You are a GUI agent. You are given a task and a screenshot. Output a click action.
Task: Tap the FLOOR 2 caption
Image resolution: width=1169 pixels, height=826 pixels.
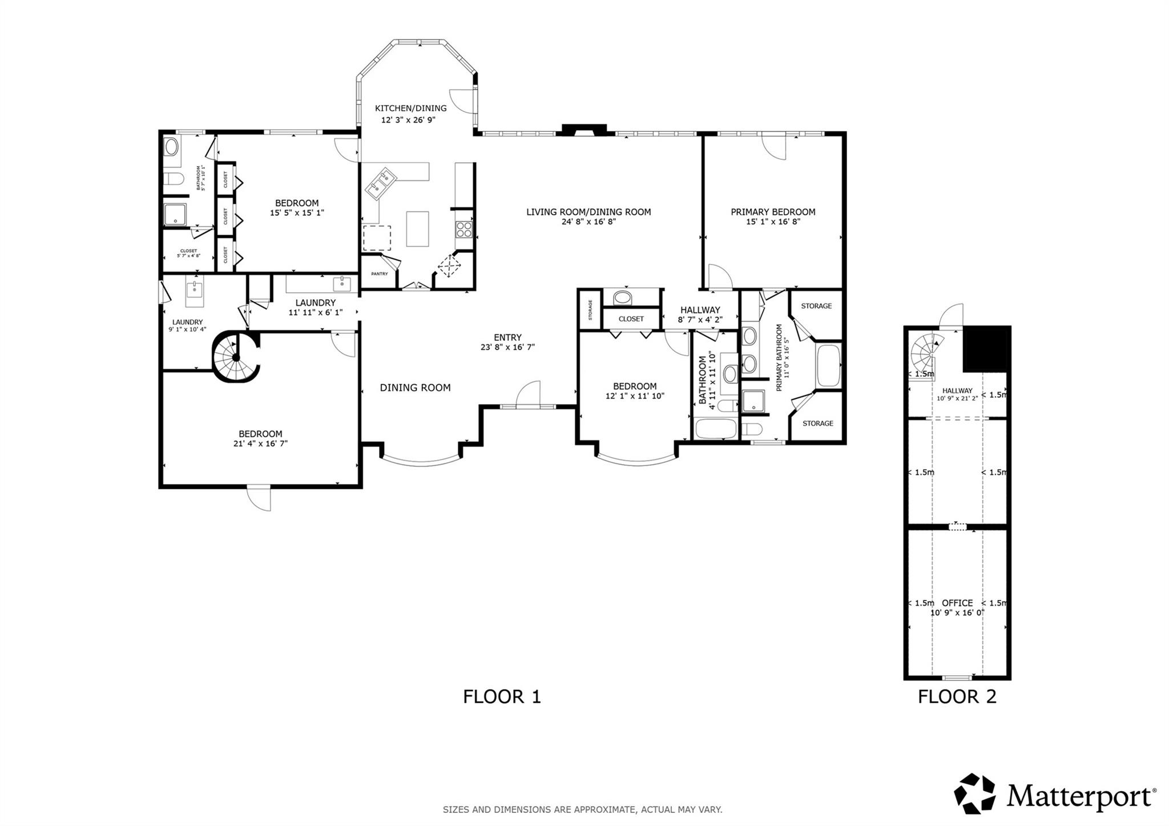[x=957, y=697]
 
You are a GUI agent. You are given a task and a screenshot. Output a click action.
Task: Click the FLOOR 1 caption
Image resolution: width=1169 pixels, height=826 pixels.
[x=501, y=697]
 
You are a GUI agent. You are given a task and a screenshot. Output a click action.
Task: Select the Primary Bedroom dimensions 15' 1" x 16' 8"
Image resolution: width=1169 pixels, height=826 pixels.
[x=773, y=221]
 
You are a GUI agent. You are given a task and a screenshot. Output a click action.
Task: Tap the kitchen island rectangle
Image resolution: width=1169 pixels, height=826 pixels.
[x=417, y=228]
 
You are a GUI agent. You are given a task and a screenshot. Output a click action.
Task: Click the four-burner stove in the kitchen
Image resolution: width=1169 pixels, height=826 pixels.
[x=463, y=229]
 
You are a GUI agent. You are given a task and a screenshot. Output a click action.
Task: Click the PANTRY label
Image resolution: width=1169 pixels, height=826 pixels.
[x=379, y=274]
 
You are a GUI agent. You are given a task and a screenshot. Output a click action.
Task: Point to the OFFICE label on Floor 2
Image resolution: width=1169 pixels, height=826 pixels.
[x=957, y=603]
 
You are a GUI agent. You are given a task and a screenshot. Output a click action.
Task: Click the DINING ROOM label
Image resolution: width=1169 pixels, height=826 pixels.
[x=415, y=388]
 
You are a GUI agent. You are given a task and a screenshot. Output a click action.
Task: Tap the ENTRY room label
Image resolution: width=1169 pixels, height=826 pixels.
[x=507, y=337]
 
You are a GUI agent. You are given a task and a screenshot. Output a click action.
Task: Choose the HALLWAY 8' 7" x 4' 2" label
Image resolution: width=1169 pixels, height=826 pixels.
[x=700, y=315]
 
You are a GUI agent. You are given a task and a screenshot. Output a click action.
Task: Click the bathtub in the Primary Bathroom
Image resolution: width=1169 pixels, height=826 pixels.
[x=828, y=365]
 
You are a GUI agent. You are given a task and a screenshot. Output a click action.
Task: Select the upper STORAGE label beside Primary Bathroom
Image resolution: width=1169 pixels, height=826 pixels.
[x=816, y=306]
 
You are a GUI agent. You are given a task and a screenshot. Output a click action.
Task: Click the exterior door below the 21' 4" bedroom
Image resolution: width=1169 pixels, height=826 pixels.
[x=259, y=498]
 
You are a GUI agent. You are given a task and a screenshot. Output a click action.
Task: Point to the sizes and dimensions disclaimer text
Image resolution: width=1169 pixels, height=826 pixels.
[x=582, y=809]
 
